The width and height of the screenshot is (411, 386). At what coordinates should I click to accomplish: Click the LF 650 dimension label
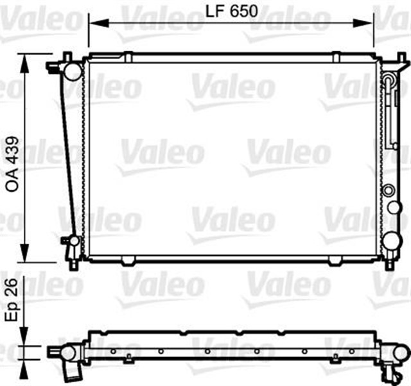231,11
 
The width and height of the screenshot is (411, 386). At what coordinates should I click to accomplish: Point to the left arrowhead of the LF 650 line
92,24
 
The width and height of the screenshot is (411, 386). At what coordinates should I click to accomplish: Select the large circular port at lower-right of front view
390,241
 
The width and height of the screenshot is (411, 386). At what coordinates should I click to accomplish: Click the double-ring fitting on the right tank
388,190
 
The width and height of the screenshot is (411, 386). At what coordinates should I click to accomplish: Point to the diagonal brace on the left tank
69,154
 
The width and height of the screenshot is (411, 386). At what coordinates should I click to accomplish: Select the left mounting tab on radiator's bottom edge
128,260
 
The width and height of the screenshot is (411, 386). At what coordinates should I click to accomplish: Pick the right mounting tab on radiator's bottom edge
336,260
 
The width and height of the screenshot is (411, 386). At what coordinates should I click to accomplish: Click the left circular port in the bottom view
67,353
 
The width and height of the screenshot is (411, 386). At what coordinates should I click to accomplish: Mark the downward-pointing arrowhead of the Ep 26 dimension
25,342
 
